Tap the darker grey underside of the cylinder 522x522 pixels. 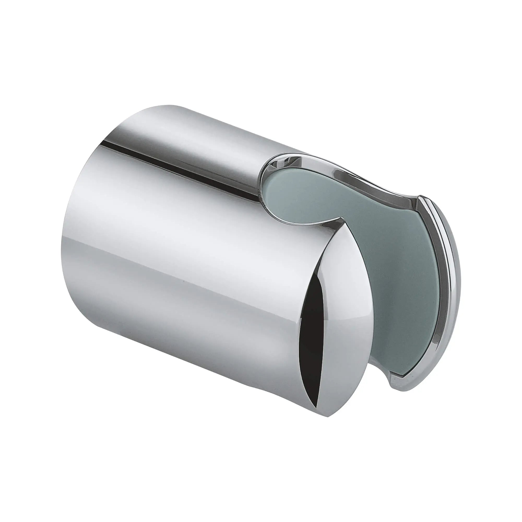tap(189, 351)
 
